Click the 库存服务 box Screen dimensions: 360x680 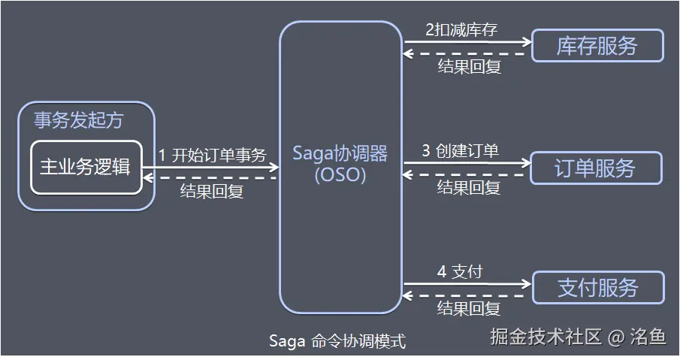tap(597, 46)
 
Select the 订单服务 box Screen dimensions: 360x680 tap(596, 168)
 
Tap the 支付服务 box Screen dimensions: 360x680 tap(598, 287)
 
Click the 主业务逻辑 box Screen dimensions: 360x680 tap(85, 167)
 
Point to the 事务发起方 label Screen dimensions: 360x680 tap(78, 120)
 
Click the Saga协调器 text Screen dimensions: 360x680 tap(340, 153)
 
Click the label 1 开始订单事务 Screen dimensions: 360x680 tap(212, 156)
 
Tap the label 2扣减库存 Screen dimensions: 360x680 tap(461, 30)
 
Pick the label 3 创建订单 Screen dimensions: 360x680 tap(460, 150)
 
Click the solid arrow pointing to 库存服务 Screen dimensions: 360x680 tap(467, 42)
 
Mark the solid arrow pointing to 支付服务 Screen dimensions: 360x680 tap(467, 284)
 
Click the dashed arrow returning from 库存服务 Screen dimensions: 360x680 tap(467, 54)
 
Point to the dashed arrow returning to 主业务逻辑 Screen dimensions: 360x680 tap(211, 178)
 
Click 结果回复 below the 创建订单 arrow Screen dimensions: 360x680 tap(469, 187)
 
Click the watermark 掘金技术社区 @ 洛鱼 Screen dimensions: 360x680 tap(578, 337)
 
